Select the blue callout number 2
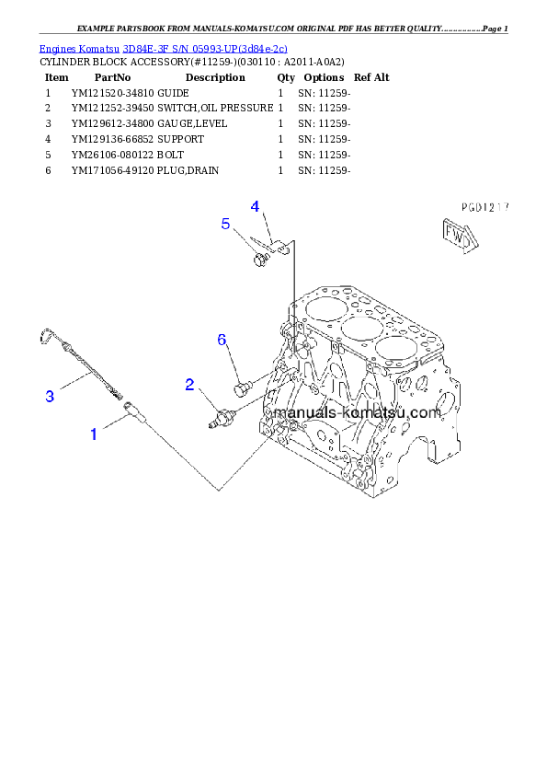(x=189, y=384)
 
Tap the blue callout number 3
(x=51, y=397)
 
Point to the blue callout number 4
(x=255, y=206)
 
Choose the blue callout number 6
(x=222, y=341)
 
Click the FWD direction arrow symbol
(x=457, y=236)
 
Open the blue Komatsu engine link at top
(x=163, y=48)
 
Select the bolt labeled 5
(x=259, y=261)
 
